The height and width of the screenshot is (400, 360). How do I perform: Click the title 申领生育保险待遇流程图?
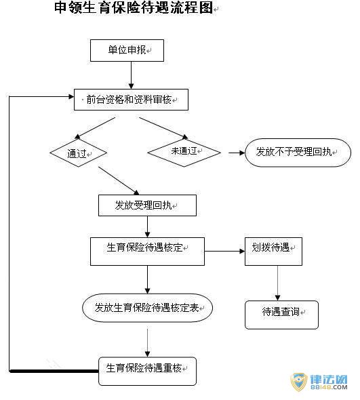pyautogui.click(x=134, y=7)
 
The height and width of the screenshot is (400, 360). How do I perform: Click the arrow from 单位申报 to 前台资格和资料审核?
pyautogui.click(x=131, y=75)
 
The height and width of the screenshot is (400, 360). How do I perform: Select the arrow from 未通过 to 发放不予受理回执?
pyautogui.click(x=237, y=153)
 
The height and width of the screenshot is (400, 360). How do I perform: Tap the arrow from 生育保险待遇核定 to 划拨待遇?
pyautogui.click(x=225, y=252)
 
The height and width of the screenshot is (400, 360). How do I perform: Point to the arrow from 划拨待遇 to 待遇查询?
pyautogui.click(x=277, y=283)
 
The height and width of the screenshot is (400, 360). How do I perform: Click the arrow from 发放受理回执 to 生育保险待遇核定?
pyautogui.click(x=148, y=227)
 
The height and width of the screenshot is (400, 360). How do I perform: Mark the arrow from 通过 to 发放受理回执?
pyautogui.click(x=119, y=181)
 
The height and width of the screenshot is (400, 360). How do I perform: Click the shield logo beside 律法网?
pyautogui.click(x=299, y=382)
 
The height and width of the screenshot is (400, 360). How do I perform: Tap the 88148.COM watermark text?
pyautogui.click(x=329, y=387)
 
